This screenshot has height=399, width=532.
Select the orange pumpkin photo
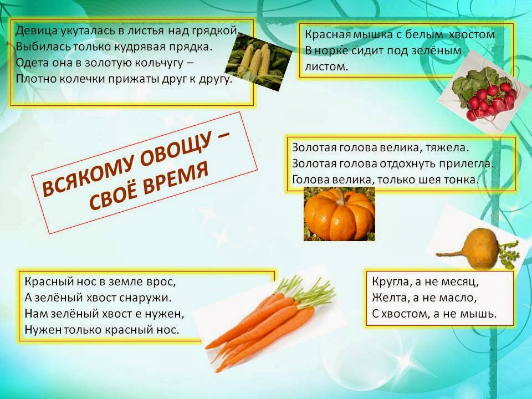click(x=339, y=213)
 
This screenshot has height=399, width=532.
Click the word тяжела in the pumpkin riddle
click(x=448, y=148)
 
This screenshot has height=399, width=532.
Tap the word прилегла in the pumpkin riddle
click(x=469, y=164)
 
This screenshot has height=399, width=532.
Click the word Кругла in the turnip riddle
click(x=390, y=282)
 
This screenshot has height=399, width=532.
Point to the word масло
click(x=456, y=298)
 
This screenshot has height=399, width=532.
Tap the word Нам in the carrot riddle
click(x=34, y=314)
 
